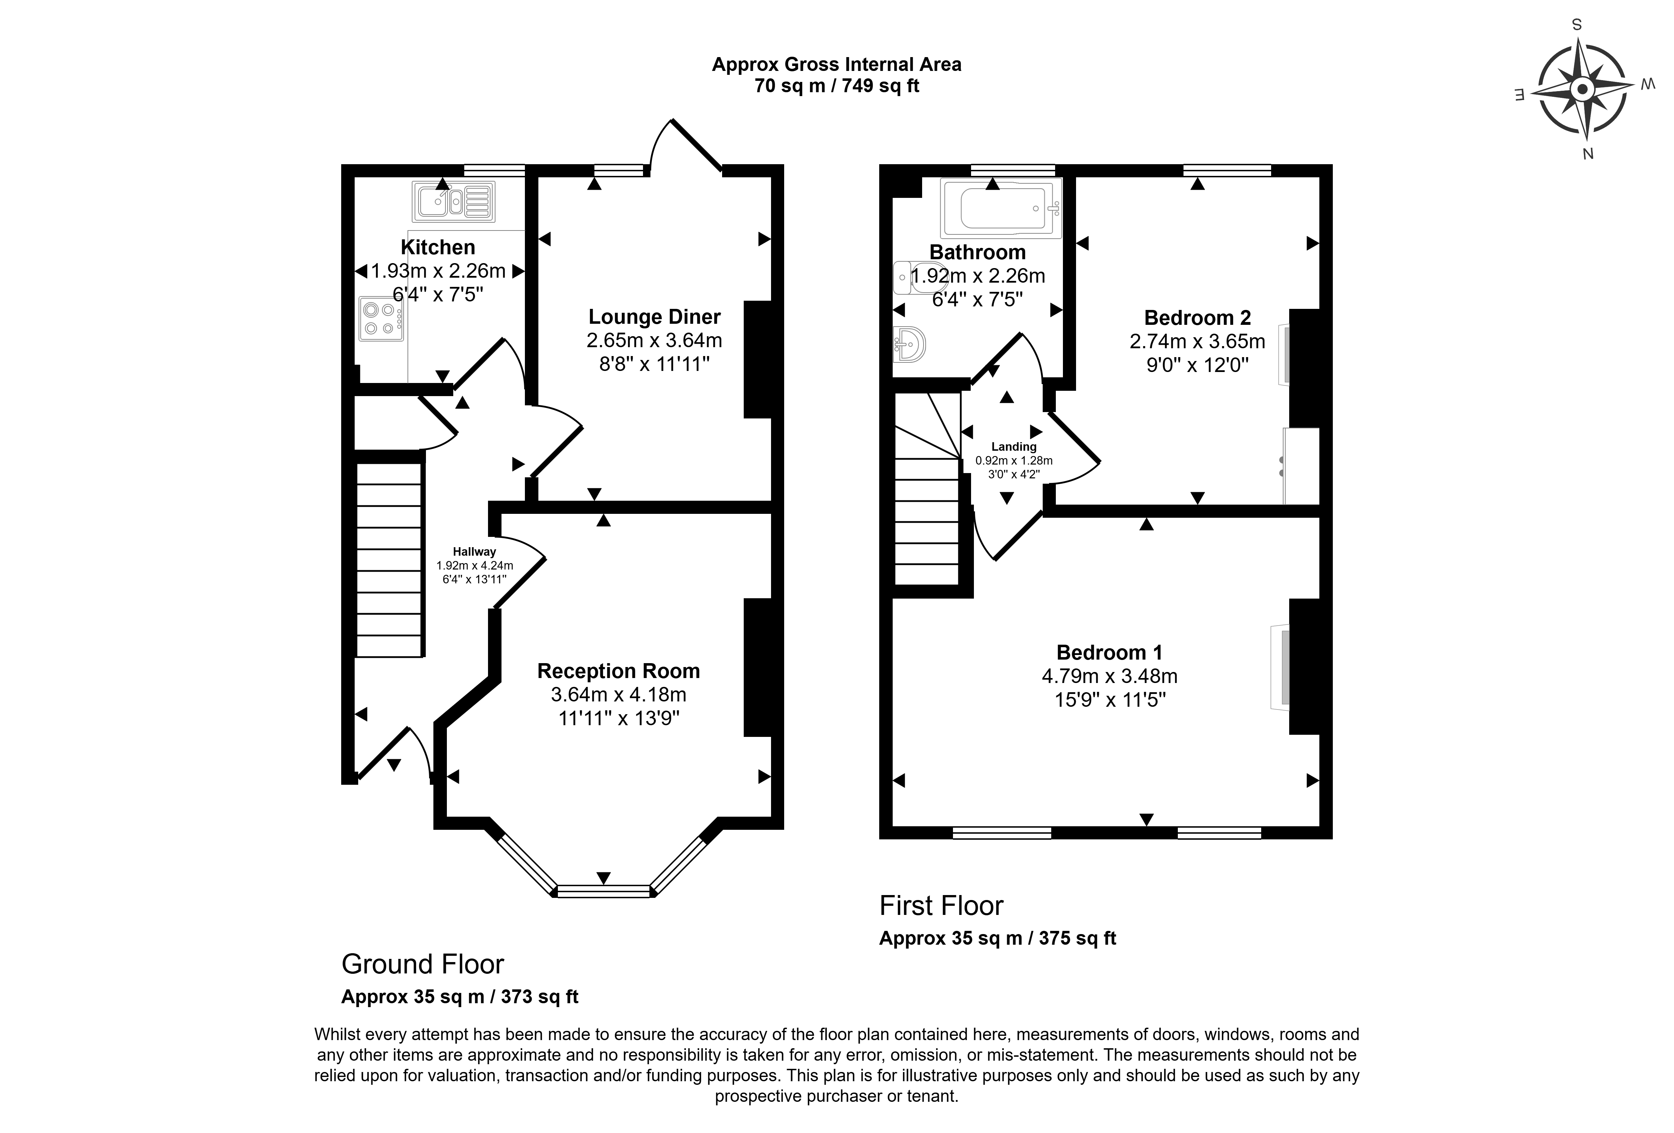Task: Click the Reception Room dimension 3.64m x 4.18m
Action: (618, 694)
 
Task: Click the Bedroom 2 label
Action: (1197, 318)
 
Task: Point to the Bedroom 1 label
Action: (1109, 652)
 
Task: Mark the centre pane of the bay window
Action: (604, 892)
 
